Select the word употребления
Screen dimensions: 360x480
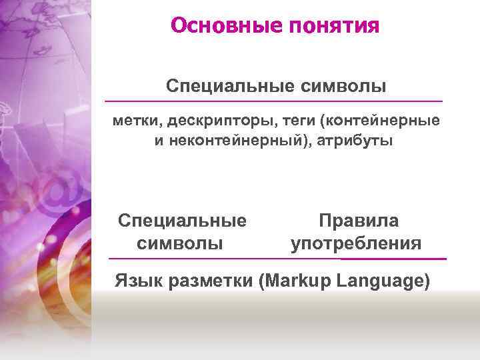point(356,243)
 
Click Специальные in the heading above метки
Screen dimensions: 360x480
point(220,87)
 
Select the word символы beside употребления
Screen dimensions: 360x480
point(180,243)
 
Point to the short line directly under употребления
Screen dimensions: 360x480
point(393,258)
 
